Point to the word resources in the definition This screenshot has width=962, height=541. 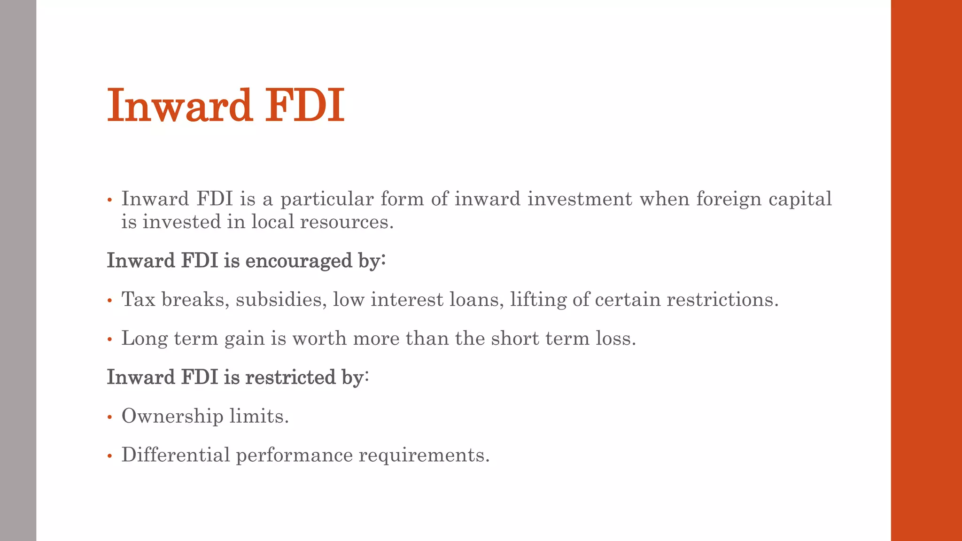[x=347, y=222]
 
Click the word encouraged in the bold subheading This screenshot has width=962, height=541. [x=298, y=261]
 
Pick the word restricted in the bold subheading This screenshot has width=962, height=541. [x=290, y=378]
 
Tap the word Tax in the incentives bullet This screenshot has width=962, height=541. [x=138, y=300]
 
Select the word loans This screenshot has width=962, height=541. [x=476, y=300]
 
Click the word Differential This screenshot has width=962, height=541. [x=176, y=455]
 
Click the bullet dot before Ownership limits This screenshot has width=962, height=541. [x=109, y=417]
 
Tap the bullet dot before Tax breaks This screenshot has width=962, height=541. [x=109, y=301]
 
